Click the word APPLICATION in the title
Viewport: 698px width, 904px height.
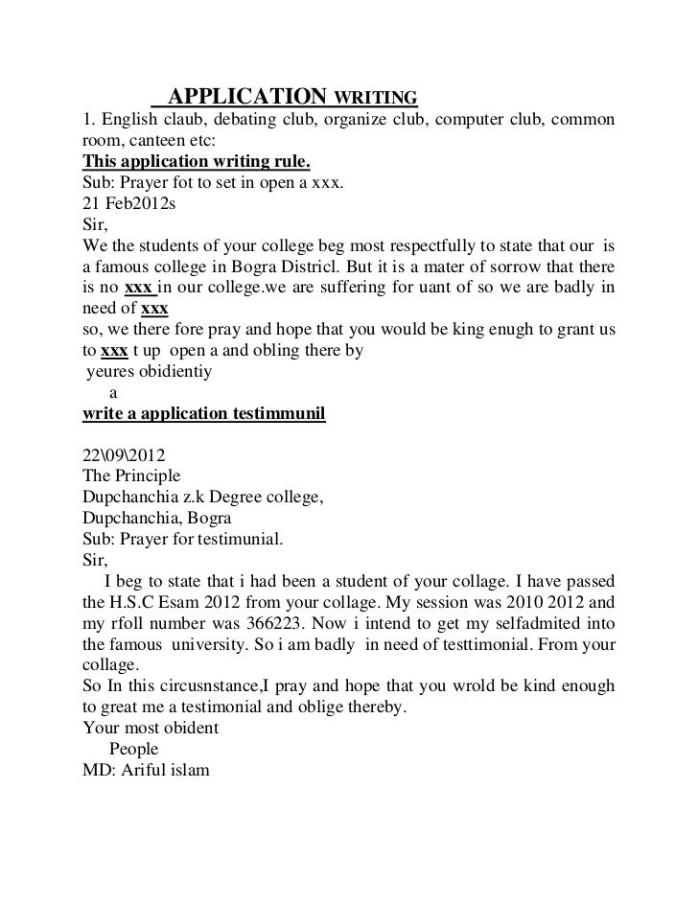click(x=246, y=97)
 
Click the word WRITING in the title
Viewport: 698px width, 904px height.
click(x=375, y=98)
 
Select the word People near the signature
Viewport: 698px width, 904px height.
click(x=134, y=748)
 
